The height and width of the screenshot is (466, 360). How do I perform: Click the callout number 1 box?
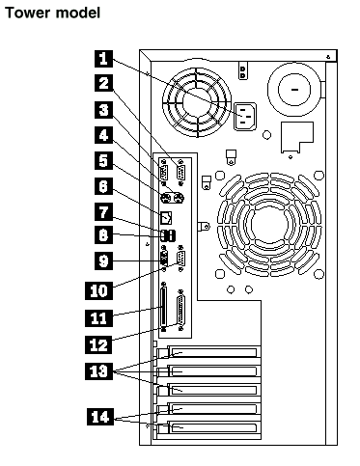103,59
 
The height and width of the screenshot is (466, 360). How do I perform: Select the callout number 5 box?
103,160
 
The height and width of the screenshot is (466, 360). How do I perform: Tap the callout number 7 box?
103,211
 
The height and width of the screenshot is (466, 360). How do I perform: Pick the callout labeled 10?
98,290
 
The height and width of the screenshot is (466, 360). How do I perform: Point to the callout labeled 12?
98,344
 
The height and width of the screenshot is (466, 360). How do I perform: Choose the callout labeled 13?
98,370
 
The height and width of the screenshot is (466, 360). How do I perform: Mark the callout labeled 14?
100,417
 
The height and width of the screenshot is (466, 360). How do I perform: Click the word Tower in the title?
28,13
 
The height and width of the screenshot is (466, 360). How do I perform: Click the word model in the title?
77,13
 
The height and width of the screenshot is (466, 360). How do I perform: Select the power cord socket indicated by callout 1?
245,117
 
